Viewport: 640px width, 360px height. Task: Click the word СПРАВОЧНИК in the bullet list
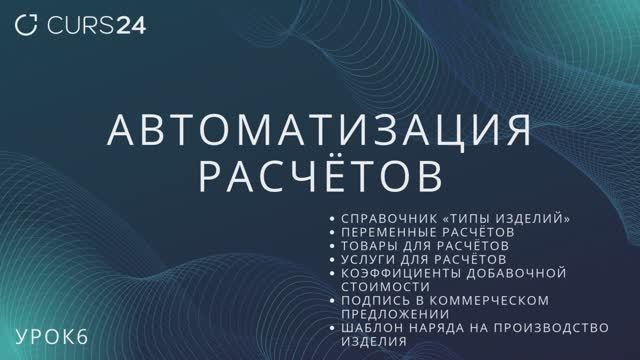(x=384, y=218)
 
